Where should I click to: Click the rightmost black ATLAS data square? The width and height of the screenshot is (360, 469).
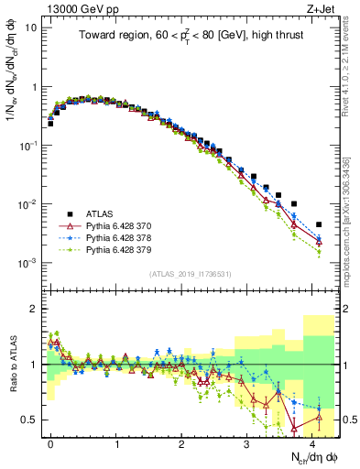(x=318, y=224)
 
